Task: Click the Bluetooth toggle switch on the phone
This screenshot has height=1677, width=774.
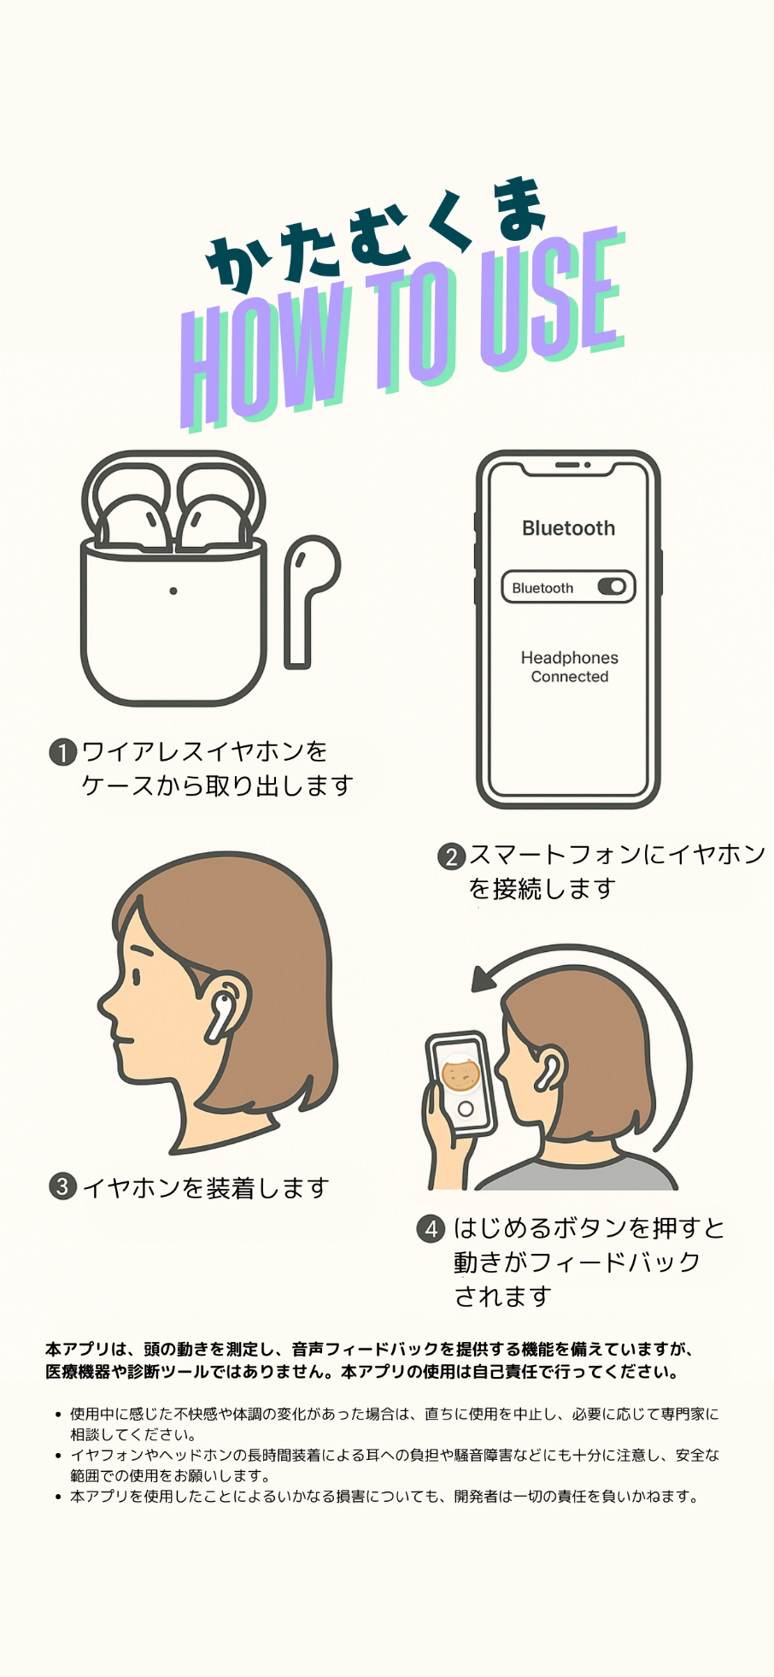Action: pos(612,586)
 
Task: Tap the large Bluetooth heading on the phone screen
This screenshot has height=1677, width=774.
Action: pos(568,528)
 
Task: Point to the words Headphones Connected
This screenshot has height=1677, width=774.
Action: pos(570,667)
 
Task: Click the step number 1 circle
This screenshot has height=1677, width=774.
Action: pos(62,752)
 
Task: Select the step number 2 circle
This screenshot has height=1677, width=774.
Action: pos(451,856)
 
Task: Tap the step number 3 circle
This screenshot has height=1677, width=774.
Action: pos(62,1186)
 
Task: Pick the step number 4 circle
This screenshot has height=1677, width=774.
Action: pos(431,1229)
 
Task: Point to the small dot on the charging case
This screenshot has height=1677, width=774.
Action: pos(173,591)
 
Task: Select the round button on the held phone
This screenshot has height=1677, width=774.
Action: pos(466,1109)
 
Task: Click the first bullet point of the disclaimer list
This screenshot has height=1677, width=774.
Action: pos(58,1415)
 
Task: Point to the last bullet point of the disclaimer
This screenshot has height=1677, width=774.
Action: pos(58,1497)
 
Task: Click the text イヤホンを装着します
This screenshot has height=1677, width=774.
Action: pos(205,1187)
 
